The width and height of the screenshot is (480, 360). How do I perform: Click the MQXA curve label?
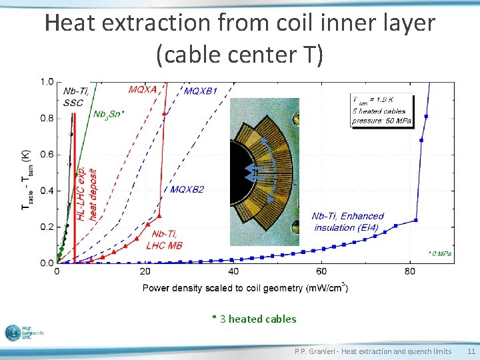142,88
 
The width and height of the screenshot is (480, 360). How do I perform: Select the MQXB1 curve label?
201,91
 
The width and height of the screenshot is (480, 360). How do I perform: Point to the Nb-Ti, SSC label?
73,97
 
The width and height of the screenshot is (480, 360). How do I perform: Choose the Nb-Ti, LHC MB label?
164,239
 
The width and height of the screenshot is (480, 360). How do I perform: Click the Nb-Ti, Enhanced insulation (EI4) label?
347,222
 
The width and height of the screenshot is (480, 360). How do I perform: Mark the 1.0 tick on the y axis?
47,82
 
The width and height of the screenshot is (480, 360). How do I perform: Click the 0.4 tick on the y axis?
47,191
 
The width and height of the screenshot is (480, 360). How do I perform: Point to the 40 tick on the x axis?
233,271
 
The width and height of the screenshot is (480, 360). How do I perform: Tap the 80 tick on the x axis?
410,271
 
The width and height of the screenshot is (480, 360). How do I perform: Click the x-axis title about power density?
245,288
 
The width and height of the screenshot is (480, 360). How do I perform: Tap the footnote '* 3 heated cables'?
254,319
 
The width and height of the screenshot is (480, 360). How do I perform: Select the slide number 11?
471,351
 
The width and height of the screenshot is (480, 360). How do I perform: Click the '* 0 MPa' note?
439,254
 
